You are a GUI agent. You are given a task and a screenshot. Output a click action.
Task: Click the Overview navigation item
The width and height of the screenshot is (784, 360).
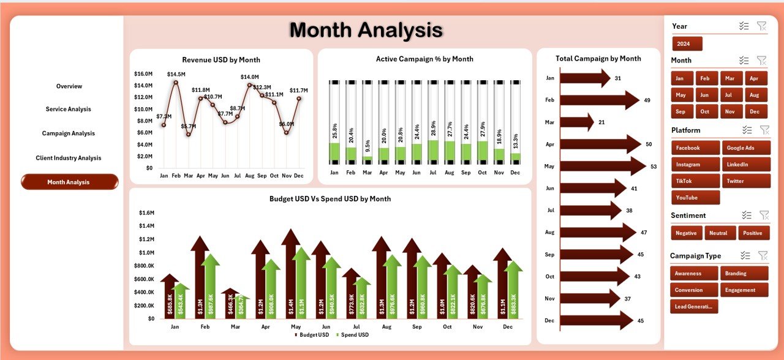pos(69,86)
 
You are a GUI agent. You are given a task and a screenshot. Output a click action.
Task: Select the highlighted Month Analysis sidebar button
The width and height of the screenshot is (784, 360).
pos(69,182)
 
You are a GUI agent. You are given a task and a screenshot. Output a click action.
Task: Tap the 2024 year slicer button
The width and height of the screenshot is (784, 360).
pos(687,44)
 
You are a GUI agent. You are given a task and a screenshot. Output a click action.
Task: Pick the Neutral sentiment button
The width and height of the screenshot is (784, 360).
pos(720,233)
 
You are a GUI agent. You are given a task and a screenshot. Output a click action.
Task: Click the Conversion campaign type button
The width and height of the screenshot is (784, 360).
pos(694,290)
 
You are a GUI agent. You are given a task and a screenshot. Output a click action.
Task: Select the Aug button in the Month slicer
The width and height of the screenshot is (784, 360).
pos(754,95)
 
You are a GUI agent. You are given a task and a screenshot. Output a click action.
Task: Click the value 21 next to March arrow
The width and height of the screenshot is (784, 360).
pos(601,122)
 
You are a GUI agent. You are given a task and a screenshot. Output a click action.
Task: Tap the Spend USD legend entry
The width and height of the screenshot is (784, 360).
pos(353,335)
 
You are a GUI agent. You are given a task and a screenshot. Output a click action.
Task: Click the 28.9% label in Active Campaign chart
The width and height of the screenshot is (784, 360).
pos(434,129)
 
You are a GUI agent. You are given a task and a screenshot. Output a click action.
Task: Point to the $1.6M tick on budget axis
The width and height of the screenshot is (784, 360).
pos(146,213)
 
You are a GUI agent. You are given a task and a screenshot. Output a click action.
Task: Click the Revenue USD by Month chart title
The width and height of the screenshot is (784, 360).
pos(221,60)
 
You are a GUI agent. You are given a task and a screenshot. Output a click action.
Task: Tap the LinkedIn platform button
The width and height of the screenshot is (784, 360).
pos(745,165)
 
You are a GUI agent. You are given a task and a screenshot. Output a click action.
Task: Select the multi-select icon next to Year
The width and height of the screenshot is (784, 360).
pos(744,26)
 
